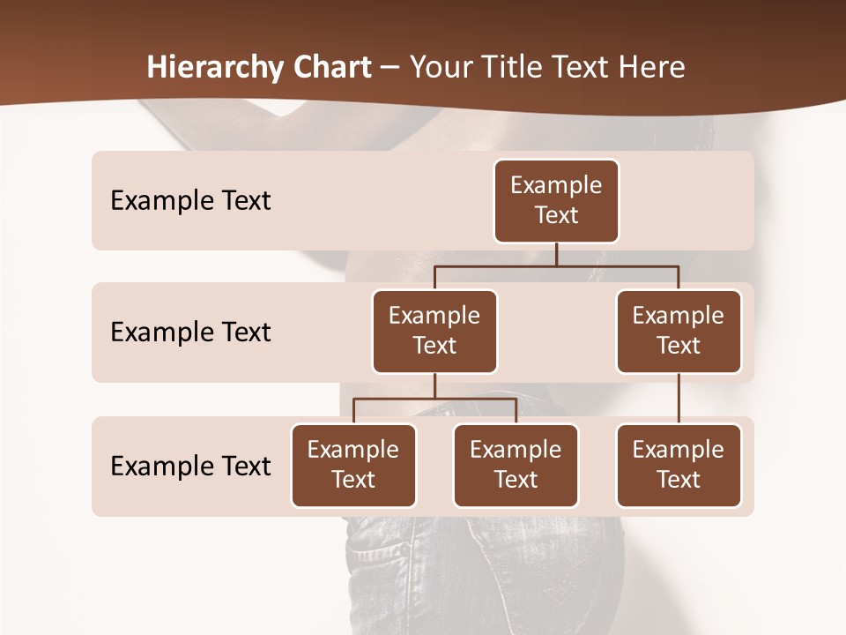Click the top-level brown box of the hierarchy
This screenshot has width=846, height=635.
(x=556, y=200)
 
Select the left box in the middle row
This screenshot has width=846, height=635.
(x=434, y=331)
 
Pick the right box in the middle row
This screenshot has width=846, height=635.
(x=679, y=331)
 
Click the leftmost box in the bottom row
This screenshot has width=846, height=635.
(x=353, y=465)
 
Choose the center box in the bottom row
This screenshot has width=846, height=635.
(x=516, y=465)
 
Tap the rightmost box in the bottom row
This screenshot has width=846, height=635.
(x=679, y=465)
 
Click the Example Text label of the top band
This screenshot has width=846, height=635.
(x=190, y=200)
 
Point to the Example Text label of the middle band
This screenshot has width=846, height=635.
(x=190, y=332)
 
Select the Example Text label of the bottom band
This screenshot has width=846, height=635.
(x=190, y=466)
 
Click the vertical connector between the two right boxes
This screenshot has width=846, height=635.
(x=679, y=399)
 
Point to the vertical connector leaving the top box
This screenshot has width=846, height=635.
(x=556, y=254)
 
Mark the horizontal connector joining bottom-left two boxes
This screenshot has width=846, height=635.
(x=434, y=399)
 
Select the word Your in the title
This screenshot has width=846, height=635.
(x=438, y=68)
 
